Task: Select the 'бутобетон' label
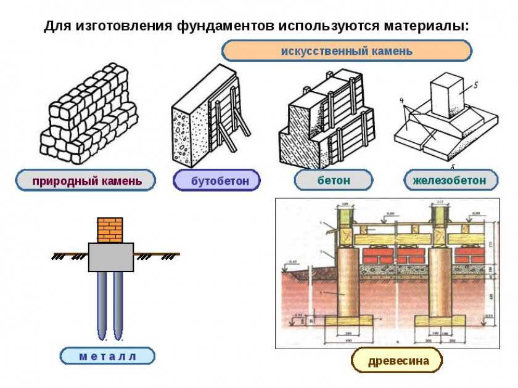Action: [216, 180]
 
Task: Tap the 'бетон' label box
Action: [333, 180]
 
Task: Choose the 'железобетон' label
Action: [450, 180]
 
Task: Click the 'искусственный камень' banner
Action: [347, 51]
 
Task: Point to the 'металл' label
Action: [107, 355]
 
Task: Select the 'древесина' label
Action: [398, 360]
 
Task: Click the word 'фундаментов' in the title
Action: [226, 27]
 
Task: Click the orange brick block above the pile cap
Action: [110, 229]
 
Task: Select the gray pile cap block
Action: [110, 257]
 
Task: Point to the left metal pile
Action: [102, 305]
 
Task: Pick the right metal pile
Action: [118, 305]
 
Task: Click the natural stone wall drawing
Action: [86, 114]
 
